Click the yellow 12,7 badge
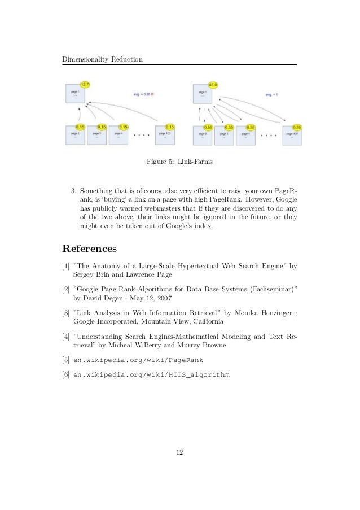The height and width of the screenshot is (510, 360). tap(85, 84)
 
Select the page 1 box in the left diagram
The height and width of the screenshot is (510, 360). tap(74, 94)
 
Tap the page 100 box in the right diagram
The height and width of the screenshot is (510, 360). tap(292, 135)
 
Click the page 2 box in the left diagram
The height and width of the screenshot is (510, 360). tap(74, 135)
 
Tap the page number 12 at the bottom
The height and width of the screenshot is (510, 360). tap(179, 452)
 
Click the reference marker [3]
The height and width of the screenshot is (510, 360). tap(66, 311)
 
